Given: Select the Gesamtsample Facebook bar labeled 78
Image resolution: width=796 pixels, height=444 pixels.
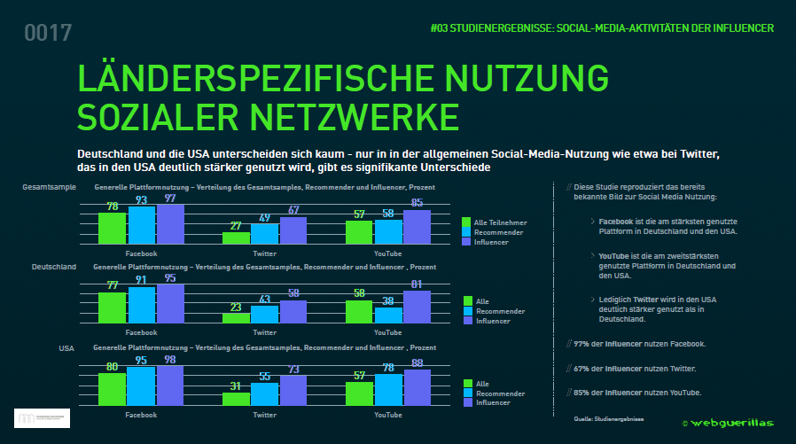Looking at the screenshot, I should (113, 228).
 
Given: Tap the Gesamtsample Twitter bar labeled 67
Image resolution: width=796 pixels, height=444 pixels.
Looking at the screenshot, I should (292, 230).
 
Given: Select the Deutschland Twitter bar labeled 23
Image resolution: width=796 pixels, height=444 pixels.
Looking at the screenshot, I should (236, 316).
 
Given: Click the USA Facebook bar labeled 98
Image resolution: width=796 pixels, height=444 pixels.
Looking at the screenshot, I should (169, 385).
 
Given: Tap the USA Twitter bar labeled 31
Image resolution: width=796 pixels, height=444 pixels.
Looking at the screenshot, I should (236, 398).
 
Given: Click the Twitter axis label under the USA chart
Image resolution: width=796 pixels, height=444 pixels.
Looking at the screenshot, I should (264, 415).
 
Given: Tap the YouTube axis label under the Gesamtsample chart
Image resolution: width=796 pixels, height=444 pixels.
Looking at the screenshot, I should (387, 253).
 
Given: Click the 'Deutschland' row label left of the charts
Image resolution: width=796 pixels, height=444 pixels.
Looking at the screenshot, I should (54, 266).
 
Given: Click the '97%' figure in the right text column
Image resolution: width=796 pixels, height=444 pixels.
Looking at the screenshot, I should (581, 343).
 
